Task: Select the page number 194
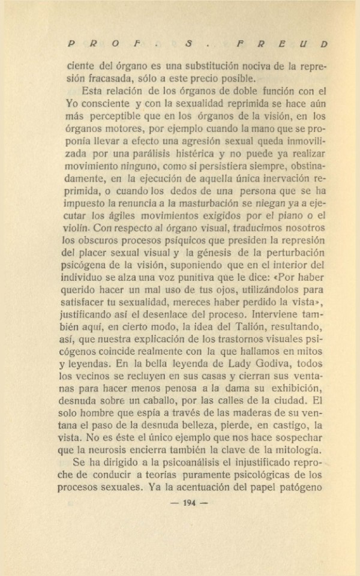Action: pyautogui.click(x=190, y=503)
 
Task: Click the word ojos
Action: pyautogui.click(x=218, y=290)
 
